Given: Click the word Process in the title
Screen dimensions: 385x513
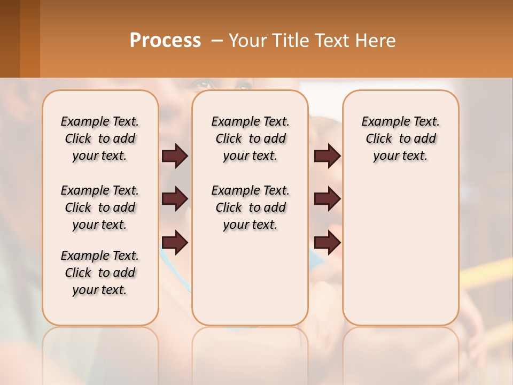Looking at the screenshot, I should coord(165,41).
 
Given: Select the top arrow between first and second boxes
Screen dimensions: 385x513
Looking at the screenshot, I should coord(175,156).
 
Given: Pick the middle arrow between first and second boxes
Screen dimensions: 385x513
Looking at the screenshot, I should coord(175,199).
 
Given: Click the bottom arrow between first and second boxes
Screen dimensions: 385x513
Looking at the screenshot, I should coord(175,243).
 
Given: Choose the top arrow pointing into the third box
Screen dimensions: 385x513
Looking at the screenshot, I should coord(328,156).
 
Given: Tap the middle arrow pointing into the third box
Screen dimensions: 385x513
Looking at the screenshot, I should coord(328,199).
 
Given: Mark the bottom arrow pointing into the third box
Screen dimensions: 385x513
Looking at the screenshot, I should coord(328,243).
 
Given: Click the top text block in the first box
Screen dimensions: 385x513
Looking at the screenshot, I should coord(100,138).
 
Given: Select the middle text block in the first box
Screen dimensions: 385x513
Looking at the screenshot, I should coord(100,207).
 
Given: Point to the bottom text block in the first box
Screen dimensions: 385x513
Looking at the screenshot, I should coord(100,273).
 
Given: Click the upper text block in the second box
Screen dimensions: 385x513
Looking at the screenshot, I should coord(250,138).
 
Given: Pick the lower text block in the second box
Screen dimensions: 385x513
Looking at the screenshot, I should coord(250,207).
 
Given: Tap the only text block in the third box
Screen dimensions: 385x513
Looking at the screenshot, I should coord(400,138).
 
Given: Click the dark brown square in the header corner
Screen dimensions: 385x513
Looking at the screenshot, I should coord(10,38).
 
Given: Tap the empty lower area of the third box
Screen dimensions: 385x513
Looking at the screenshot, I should coord(400,257).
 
